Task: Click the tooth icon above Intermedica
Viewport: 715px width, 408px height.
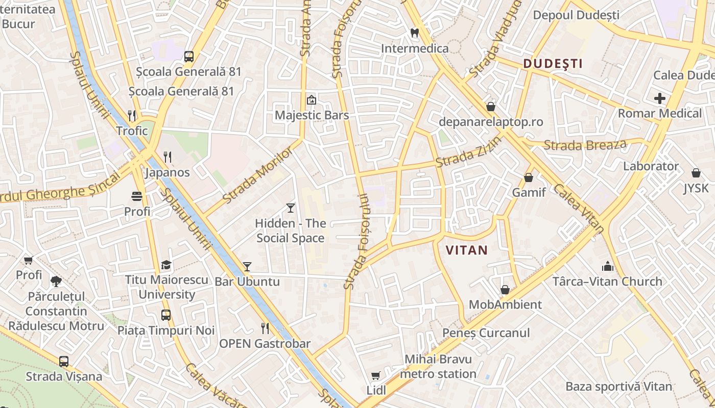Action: pos(415,32)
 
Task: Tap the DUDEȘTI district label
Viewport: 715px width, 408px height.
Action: pos(553,64)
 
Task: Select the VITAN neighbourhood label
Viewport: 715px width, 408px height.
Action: pos(467,250)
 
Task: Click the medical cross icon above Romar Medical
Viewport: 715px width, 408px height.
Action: pos(660,98)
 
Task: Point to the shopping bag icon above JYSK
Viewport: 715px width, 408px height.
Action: pos(696,173)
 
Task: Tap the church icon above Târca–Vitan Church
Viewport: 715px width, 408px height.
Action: pos(607,266)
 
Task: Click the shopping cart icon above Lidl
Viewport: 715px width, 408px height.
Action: pos(376,376)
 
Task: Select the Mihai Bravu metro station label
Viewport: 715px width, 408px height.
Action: pos(438,366)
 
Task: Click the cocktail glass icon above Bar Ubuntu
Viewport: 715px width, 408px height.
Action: pos(247,266)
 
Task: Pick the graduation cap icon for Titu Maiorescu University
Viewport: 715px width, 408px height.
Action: pos(166,265)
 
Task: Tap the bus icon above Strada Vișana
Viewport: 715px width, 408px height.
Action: pos(64,362)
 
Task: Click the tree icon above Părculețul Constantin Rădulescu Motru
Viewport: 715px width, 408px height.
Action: pos(56,281)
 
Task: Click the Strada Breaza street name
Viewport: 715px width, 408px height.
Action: pos(585,145)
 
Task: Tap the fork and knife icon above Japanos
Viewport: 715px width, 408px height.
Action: pos(168,157)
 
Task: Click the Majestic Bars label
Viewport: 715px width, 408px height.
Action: pos(312,115)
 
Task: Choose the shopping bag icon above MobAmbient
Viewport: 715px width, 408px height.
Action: pos(505,290)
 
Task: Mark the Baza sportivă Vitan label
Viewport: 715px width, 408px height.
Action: pos(618,386)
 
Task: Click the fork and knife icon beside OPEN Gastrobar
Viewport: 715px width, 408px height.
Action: pos(265,328)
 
